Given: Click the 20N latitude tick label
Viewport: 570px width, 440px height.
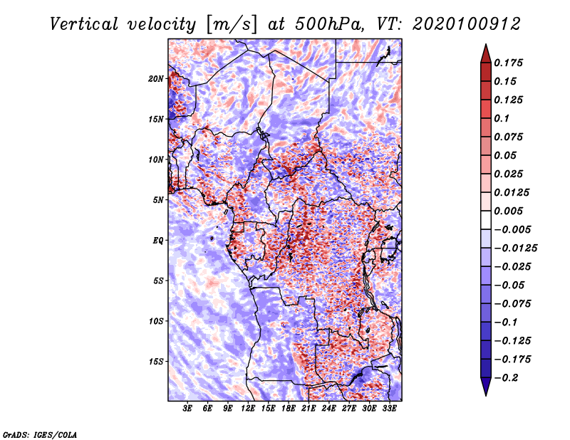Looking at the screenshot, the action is pyautogui.click(x=156, y=79).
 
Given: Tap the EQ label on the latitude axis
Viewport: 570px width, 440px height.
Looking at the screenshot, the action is pyautogui.click(x=158, y=241).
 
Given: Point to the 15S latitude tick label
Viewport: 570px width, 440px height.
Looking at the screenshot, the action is pyautogui.click(x=156, y=362).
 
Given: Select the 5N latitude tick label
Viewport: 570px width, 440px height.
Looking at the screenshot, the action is pyautogui.click(x=158, y=200).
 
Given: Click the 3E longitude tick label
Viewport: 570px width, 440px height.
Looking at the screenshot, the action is pyautogui.click(x=187, y=409).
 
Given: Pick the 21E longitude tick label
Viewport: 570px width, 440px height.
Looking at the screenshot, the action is pyautogui.click(x=309, y=409).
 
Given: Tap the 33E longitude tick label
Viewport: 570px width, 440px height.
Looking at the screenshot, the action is pyautogui.click(x=389, y=409).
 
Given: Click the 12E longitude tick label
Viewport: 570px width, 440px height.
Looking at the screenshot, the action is pyautogui.click(x=248, y=409).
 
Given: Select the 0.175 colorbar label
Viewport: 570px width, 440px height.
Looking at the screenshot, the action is pyautogui.click(x=508, y=63).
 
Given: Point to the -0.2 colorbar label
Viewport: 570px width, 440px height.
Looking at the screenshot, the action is pyautogui.click(x=506, y=378).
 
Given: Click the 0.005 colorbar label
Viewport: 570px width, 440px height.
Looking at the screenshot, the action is pyautogui.click(x=508, y=211).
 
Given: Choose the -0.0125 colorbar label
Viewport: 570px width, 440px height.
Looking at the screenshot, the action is pyautogui.click(x=515, y=248).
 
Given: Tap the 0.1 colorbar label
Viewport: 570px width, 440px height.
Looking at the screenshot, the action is pyautogui.click(x=502, y=118).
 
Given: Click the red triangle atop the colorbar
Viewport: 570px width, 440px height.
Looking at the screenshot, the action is pyautogui.click(x=486, y=53).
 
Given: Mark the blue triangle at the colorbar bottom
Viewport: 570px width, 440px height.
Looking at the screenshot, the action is pyautogui.click(x=486, y=387).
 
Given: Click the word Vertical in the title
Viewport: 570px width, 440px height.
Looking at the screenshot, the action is pyautogui.click(x=84, y=24).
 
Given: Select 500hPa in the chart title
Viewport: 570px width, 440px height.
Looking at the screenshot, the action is pyautogui.click(x=329, y=24).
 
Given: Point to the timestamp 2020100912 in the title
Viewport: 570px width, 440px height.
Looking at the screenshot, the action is pyautogui.click(x=467, y=24).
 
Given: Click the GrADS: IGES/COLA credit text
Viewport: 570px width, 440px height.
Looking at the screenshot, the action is pyautogui.click(x=40, y=434).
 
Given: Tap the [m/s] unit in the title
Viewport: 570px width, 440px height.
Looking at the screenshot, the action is pyautogui.click(x=231, y=25).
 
